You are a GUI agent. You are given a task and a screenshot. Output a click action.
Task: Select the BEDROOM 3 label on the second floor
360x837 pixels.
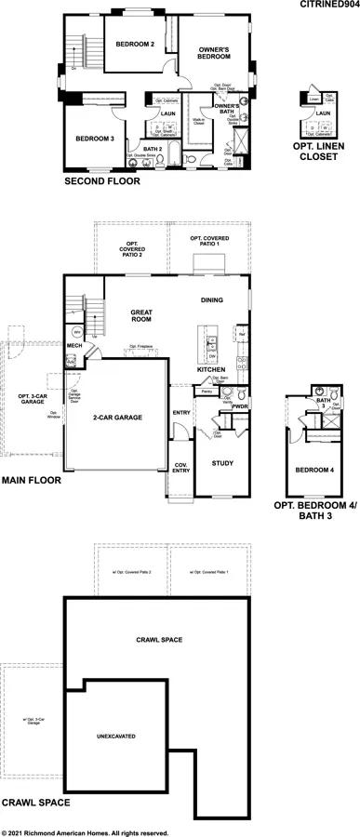pyautogui.click(x=96, y=139)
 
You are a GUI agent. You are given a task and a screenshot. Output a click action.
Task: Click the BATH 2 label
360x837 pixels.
pyautogui.click(x=153, y=147)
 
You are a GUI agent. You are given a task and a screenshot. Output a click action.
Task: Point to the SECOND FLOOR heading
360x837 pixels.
pyautogui.click(x=102, y=181)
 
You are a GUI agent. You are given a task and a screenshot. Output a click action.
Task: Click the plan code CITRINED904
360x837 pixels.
pyautogui.click(x=327, y=6)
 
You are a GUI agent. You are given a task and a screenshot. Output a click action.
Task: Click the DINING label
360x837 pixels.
pyautogui.click(x=216, y=299)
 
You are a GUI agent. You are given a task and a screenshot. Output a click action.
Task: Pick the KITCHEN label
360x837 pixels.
pyautogui.click(x=211, y=369)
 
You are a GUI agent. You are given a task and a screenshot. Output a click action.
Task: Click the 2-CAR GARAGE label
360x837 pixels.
pyautogui.click(x=116, y=418)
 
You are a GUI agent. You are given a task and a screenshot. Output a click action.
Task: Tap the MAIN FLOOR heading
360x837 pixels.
pyautogui.click(x=31, y=482)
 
